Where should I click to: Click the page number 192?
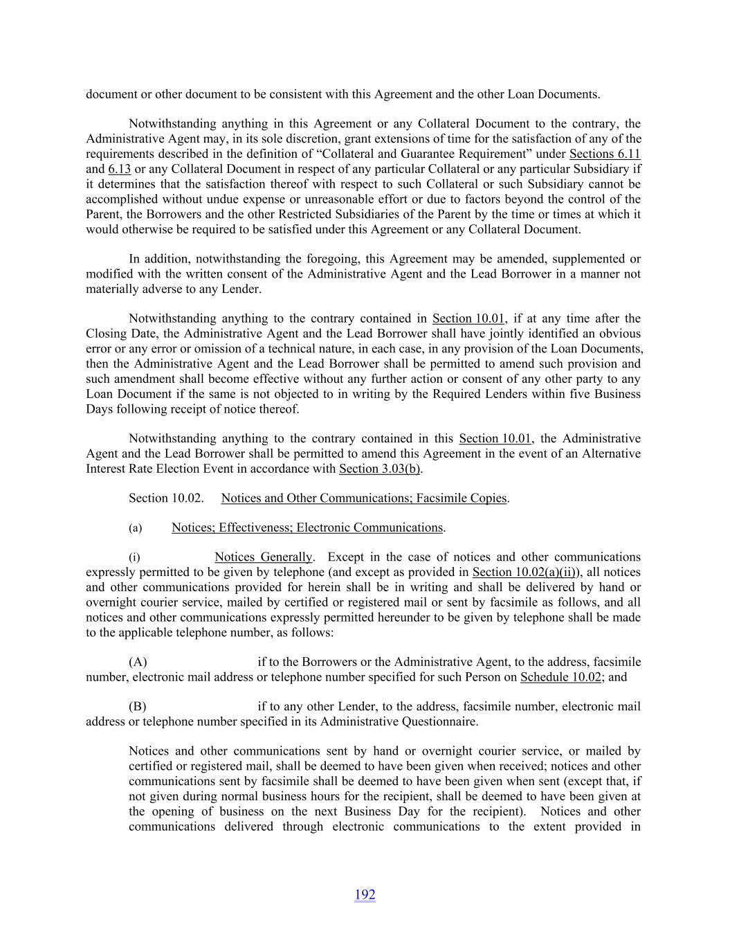tap(365, 894)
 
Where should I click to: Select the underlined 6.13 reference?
tap(119, 169)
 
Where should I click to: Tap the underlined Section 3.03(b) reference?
tap(381, 469)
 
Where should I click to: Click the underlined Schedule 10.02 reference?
tap(560, 677)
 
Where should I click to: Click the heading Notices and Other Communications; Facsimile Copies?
tap(364, 498)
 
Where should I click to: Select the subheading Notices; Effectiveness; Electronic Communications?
tap(307, 528)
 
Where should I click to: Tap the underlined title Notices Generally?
tap(263, 557)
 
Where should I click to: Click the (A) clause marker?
tap(138, 663)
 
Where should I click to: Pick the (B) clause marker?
tap(138, 707)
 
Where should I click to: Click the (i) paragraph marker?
tap(134, 557)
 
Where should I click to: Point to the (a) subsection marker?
tap(135, 528)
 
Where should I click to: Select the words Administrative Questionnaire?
tap(403, 722)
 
